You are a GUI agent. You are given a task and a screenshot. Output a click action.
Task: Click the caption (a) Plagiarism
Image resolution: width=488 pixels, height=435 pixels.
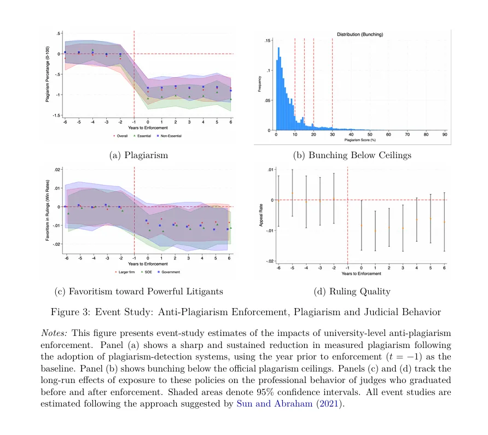[139, 155]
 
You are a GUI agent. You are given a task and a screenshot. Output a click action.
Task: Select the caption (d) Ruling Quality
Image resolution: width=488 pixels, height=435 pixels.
[352, 291]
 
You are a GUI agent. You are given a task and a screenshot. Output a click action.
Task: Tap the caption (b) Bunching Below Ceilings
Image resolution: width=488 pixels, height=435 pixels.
[352, 155]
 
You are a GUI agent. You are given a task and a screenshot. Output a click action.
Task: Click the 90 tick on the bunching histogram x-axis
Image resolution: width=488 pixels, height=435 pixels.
[444, 134]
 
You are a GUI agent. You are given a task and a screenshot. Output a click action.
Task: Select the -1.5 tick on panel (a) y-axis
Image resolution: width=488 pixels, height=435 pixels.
[56, 115]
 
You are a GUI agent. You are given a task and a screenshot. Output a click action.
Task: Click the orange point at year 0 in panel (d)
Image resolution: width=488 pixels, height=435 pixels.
[361, 225]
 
